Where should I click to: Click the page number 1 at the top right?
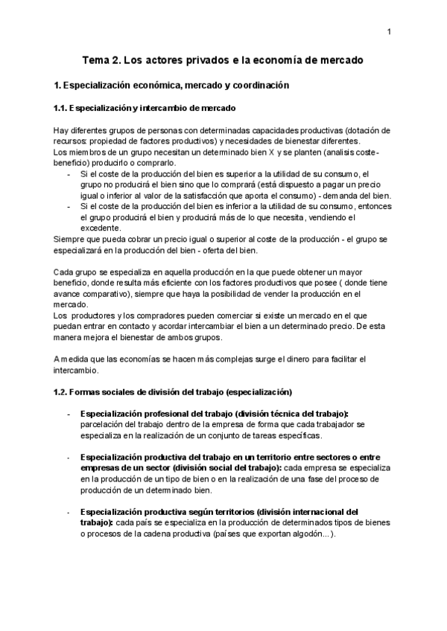point(389,31)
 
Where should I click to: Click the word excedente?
point(100,228)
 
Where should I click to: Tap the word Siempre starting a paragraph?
point(71,239)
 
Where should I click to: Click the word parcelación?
point(103,424)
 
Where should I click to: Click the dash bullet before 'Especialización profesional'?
point(69,413)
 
